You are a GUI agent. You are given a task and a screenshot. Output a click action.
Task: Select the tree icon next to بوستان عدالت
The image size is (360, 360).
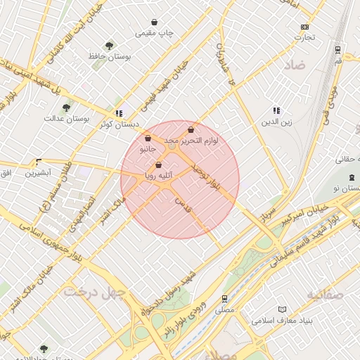click(66, 108)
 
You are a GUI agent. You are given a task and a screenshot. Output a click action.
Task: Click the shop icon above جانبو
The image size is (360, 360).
click(147, 139)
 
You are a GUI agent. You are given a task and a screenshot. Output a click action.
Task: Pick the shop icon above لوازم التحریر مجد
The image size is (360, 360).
click(191, 130)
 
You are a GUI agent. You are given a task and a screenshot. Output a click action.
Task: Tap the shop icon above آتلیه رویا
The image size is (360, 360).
click(159, 165)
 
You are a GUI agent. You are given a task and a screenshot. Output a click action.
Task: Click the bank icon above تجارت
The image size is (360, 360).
click(304, 27)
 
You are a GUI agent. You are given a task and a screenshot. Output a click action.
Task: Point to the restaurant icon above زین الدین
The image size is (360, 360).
click(276, 110)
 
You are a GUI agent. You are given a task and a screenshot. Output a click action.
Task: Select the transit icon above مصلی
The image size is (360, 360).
click(225, 298)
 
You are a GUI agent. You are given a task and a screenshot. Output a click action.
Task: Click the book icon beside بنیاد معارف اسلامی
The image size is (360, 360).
click(283, 309)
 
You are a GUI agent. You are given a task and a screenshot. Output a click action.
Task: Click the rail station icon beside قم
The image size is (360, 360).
click(339, 50)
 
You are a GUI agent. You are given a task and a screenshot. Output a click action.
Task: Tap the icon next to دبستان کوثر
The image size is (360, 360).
click(119, 112)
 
